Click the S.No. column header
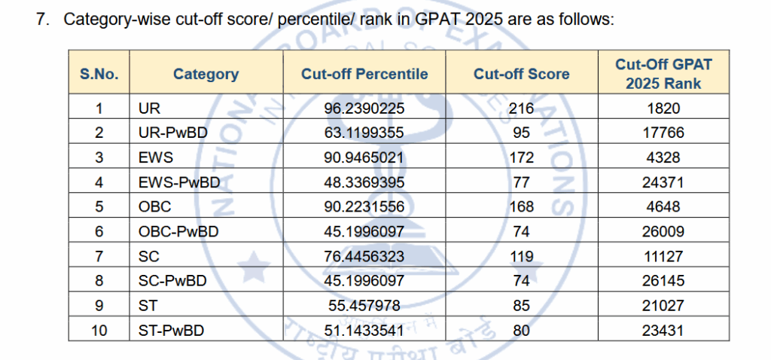point(99,74)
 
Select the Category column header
point(206,74)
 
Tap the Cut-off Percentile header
point(364,74)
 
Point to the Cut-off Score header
point(521,74)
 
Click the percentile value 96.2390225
point(364,108)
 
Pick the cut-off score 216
point(521,108)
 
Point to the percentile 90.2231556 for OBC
point(364,206)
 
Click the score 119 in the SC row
point(521,255)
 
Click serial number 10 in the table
point(99,330)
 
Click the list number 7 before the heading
point(41,20)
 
